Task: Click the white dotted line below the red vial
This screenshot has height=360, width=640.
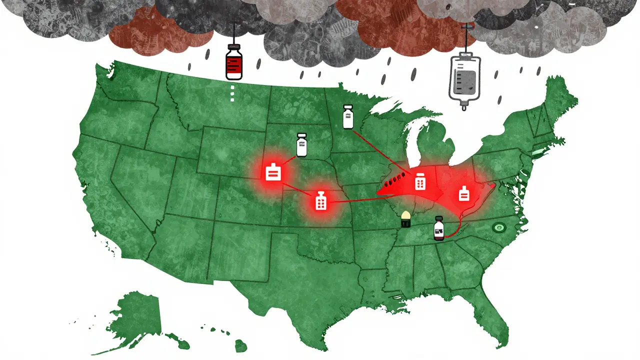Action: pyautogui.click(x=232, y=92)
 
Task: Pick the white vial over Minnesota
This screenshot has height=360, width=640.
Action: pyautogui.click(x=348, y=117)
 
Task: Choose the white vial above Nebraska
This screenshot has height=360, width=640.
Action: pyautogui.click(x=301, y=145)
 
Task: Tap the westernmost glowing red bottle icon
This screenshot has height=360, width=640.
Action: pyautogui.click(x=273, y=172)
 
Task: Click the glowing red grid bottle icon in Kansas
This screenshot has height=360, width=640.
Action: pyautogui.click(x=320, y=201)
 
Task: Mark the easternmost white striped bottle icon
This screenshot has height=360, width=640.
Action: pyautogui.click(x=464, y=193)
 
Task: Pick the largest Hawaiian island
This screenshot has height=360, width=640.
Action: pyautogui.click(x=242, y=345)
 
